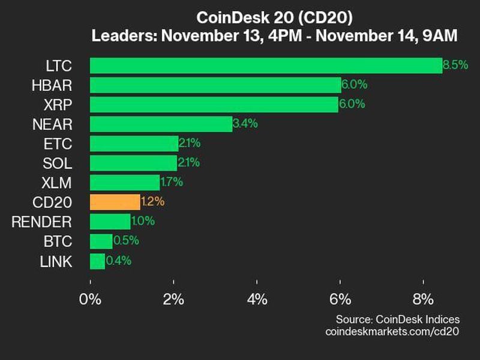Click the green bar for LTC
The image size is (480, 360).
tap(266, 65)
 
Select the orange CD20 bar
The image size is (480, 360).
tap(115, 202)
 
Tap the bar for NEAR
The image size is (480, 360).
tap(161, 124)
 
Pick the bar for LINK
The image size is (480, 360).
tap(97, 261)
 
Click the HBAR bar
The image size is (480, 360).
tap(215, 85)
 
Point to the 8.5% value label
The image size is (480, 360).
tap(455, 65)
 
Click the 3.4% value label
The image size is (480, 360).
tap(245, 124)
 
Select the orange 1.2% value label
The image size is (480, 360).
tap(152, 202)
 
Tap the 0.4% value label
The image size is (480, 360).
tap(118, 261)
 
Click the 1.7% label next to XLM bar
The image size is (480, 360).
tap(172, 182)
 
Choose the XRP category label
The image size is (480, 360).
tap(58, 105)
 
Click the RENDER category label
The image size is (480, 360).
tap(42, 222)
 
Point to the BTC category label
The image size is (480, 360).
tap(59, 242)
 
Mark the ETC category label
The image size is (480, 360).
tap(59, 144)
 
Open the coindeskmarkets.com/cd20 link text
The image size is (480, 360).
tap(391, 331)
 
